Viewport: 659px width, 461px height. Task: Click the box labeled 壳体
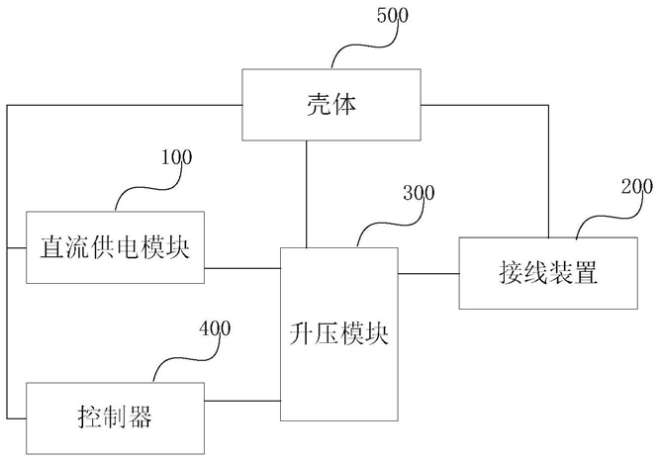pos(331,105)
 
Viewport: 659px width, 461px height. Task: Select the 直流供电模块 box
pos(115,247)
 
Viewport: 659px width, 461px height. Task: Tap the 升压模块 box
pos(339,334)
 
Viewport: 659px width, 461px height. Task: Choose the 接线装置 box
pos(548,274)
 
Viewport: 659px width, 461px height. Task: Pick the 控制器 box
pos(115,418)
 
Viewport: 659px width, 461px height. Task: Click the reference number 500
pos(393,16)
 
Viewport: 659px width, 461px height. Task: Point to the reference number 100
pos(177,157)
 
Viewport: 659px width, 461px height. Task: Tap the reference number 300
pos(419,193)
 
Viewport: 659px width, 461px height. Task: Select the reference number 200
pos(637,186)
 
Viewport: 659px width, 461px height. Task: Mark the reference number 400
pos(215,328)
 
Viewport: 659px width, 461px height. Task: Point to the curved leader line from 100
pos(146,188)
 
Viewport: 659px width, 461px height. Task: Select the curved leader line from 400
pos(185,359)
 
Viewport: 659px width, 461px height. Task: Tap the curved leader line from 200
pos(608,218)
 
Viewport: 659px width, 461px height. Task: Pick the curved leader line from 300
pos(389,224)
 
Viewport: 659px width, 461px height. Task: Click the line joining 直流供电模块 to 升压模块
pos(242,268)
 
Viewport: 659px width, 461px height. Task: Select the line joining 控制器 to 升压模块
pos(242,401)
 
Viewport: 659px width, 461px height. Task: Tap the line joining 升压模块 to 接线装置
pos(428,274)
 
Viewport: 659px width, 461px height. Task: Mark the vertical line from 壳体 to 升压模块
pos(307,194)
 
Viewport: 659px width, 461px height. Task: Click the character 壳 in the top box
pos(319,105)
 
